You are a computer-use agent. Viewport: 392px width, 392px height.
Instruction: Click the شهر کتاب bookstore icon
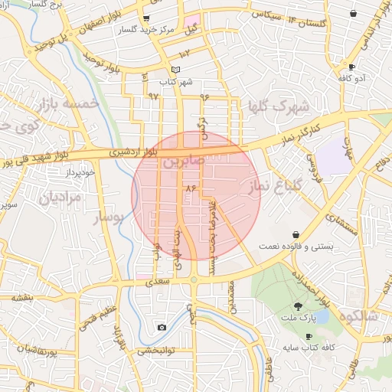[175, 70]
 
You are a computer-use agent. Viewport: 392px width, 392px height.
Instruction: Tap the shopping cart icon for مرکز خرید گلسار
[146, 18]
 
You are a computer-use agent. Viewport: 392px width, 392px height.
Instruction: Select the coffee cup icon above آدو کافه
[351, 67]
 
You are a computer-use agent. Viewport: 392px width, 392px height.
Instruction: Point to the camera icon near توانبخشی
[162, 328]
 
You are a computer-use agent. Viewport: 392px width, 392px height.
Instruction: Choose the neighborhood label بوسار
[107, 219]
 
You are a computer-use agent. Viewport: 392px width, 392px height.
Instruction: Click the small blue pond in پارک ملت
[322, 315]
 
